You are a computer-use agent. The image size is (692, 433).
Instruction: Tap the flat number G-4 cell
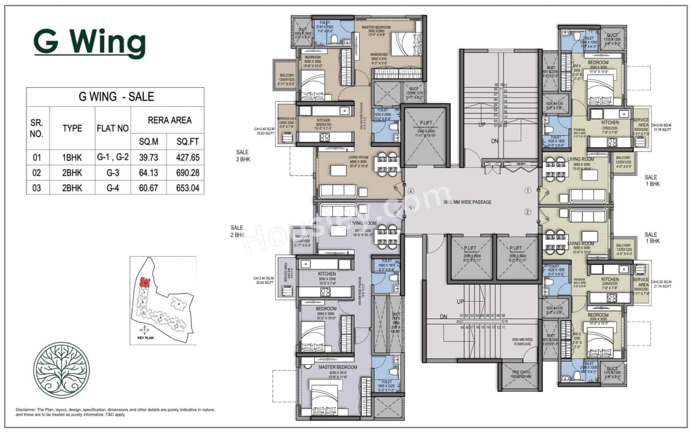click(112, 187)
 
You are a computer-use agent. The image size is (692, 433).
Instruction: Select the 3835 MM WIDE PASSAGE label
click(467, 202)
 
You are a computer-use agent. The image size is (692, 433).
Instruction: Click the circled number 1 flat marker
click(528, 190)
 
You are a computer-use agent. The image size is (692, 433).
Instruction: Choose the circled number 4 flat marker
click(411, 191)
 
